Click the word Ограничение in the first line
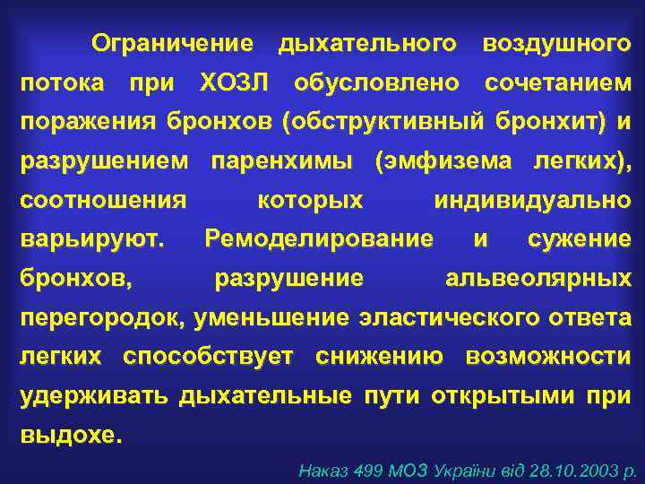[x=173, y=43]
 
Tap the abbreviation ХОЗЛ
[x=234, y=82]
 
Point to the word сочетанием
[x=558, y=82]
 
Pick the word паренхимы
[x=282, y=161]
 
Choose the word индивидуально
[x=532, y=201]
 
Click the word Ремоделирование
[x=319, y=239]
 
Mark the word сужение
[x=580, y=239]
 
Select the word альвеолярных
[x=538, y=279]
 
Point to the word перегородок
[x=105, y=318]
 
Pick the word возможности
[x=548, y=357]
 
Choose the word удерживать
[x=93, y=396]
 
